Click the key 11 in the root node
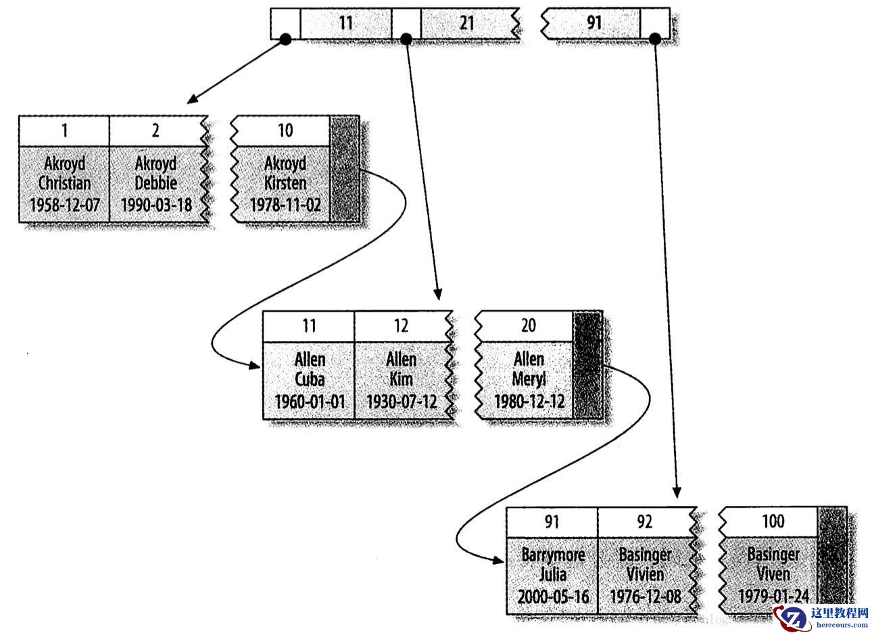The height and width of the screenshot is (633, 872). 345,23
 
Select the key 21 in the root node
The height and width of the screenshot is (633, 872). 466,23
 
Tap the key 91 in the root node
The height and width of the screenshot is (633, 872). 594,23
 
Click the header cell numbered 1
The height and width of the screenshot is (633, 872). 64,131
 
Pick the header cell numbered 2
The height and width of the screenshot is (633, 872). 155,131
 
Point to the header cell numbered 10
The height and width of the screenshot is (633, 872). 285,131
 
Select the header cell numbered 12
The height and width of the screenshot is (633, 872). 401,326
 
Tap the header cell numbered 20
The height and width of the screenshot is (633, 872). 528,326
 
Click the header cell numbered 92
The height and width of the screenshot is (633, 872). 644,521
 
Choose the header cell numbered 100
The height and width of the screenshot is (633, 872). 773,521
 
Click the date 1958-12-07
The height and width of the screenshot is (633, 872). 64,205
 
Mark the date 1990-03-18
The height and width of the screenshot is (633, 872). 156,205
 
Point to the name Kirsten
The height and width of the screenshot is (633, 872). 285,183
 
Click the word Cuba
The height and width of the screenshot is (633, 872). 310,379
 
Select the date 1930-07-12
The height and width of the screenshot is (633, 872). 402,401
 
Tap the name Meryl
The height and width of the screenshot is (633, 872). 529,379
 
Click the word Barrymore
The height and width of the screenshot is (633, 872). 553,555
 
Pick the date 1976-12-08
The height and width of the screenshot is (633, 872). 646,596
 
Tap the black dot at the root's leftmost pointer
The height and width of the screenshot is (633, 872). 285,40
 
